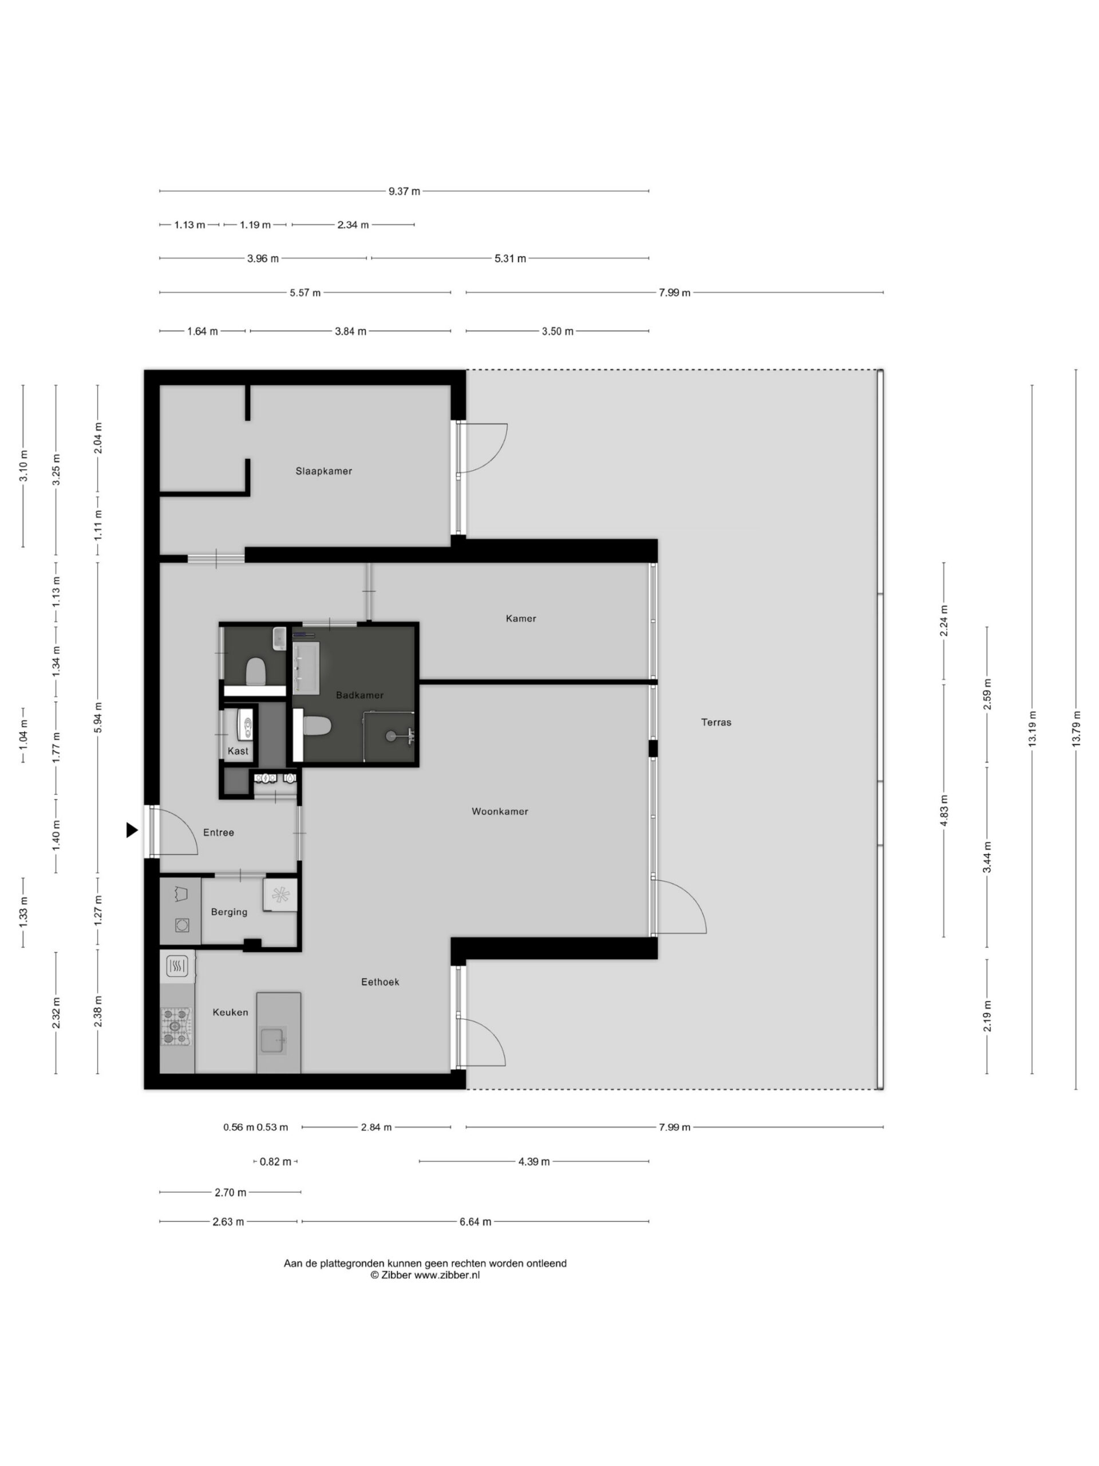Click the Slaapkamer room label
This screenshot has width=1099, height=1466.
click(323, 471)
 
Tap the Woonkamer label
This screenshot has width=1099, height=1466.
click(500, 811)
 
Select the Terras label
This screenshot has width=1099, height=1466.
click(716, 722)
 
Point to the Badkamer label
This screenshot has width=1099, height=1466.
click(359, 695)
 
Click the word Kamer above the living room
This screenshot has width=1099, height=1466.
click(521, 618)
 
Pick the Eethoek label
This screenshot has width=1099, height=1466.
click(380, 982)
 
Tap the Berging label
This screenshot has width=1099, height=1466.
click(229, 912)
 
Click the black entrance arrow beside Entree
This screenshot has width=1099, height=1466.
click(132, 830)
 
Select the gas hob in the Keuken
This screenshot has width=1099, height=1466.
click(176, 1027)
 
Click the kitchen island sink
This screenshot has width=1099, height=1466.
click(272, 1041)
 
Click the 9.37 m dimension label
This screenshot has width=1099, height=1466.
click(404, 191)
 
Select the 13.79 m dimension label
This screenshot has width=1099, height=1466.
click(1076, 728)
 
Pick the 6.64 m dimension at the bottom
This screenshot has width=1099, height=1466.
click(476, 1221)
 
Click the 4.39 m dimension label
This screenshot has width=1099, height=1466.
click(534, 1161)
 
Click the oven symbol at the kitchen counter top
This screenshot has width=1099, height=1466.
click(177, 967)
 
